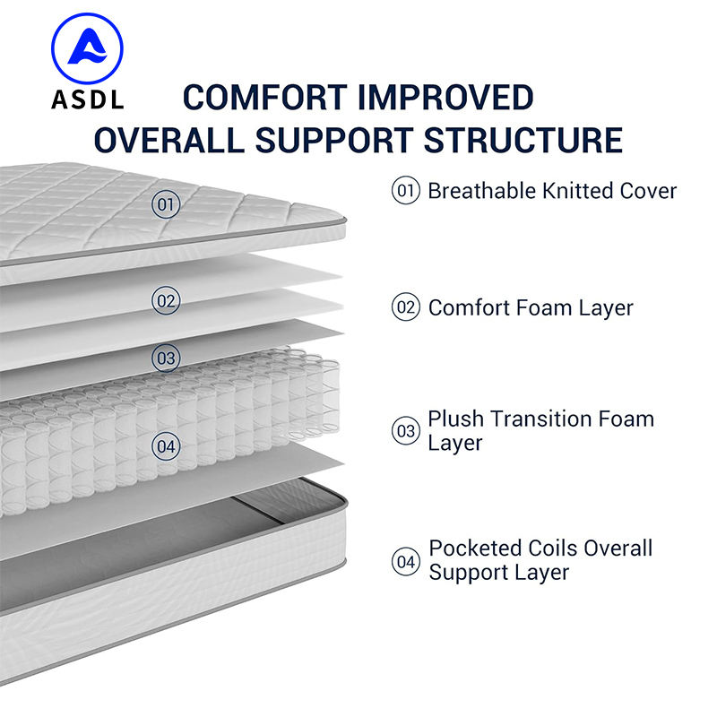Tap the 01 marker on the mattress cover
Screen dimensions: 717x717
coord(166,204)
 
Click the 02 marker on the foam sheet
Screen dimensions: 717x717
coord(167,300)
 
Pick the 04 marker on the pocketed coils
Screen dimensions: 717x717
coord(167,445)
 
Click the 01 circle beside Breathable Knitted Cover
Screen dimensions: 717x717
coord(406,190)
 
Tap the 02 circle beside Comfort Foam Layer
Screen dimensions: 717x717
coord(406,307)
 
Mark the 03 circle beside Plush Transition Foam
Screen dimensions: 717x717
coord(406,431)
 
